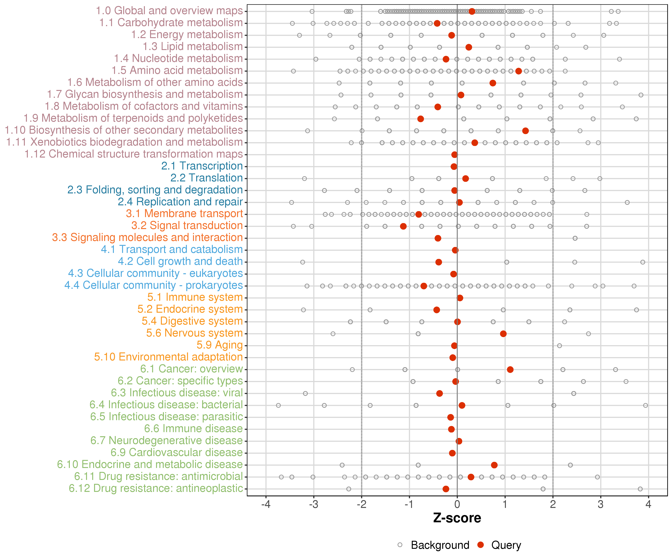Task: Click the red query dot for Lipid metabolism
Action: [469, 47]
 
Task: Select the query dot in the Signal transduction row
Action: [403, 226]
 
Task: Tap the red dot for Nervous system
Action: [503, 334]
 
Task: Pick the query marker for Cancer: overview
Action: [510, 370]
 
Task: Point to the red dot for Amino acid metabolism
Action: [518, 71]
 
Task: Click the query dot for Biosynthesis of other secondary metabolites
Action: [525, 131]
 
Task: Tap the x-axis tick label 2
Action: [553, 505]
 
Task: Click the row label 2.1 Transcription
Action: [202, 166]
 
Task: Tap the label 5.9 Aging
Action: [220, 345]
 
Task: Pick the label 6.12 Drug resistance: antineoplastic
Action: [156, 489]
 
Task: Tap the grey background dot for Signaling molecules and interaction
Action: [575, 238]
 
